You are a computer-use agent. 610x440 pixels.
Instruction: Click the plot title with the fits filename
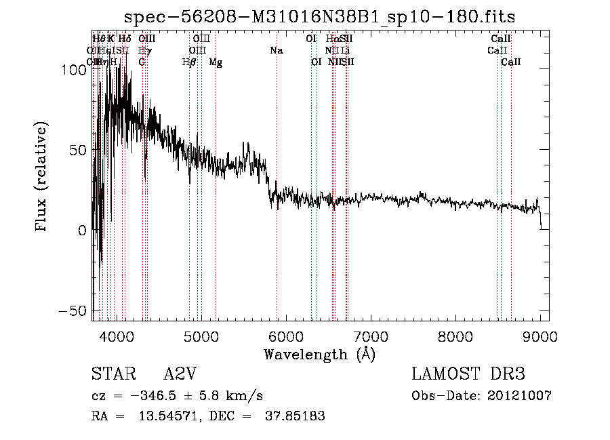point(325,17)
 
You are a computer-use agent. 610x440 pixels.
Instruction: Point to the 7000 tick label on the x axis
point(371,336)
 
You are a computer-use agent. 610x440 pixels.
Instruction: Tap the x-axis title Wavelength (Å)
point(320,354)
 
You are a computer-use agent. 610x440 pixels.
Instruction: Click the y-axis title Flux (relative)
point(42,178)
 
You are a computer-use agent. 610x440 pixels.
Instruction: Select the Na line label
point(276,51)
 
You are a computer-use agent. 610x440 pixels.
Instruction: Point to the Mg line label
point(216,62)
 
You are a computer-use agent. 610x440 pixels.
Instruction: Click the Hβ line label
point(190,62)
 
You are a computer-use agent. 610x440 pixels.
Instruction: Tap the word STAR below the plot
point(113,375)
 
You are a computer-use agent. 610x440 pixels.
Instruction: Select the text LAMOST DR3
point(468,375)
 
